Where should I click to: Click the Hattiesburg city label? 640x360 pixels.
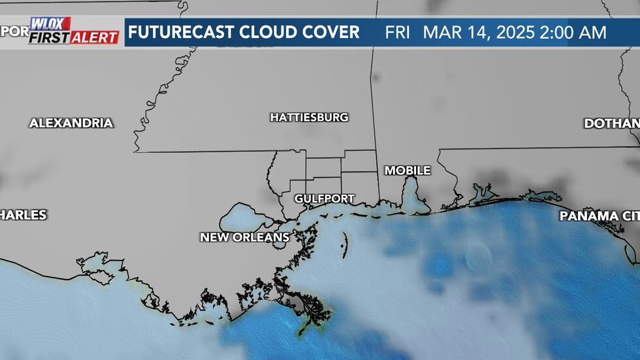pos(309,118)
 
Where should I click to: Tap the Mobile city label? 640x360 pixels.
pos(408,171)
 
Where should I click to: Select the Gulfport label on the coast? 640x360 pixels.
pos(324,199)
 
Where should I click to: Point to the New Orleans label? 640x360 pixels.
pos(245,237)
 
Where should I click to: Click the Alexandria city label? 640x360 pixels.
pos(71,123)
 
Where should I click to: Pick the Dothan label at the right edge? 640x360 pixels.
pos(611,123)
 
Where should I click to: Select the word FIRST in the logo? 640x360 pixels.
pos(48,38)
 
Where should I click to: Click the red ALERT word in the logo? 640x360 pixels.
pos(95,38)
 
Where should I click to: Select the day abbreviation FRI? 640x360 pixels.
pos(398,33)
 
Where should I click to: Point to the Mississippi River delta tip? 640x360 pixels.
pos(317,320)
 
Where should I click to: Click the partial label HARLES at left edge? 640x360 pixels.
pos(24,215)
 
